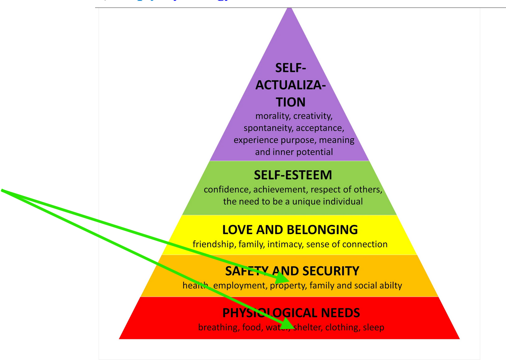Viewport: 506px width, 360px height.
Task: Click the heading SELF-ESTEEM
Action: (293, 175)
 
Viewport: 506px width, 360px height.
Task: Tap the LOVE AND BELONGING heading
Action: (290, 230)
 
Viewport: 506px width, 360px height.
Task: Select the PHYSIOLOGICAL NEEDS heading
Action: (291, 313)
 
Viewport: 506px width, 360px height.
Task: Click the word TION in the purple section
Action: (291, 102)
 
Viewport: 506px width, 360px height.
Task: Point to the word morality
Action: (273, 116)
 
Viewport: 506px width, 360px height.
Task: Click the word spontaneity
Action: (268, 128)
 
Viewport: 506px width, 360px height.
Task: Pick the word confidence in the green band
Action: (227, 190)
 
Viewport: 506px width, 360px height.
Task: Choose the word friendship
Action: (214, 244)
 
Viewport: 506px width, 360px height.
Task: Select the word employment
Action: (239, 286)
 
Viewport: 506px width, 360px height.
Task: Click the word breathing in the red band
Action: (217, 327)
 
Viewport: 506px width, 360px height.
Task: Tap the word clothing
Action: (342, 327)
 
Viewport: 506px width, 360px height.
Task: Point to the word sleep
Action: (373, 327)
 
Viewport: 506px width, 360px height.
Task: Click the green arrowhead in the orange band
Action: (284, 278)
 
